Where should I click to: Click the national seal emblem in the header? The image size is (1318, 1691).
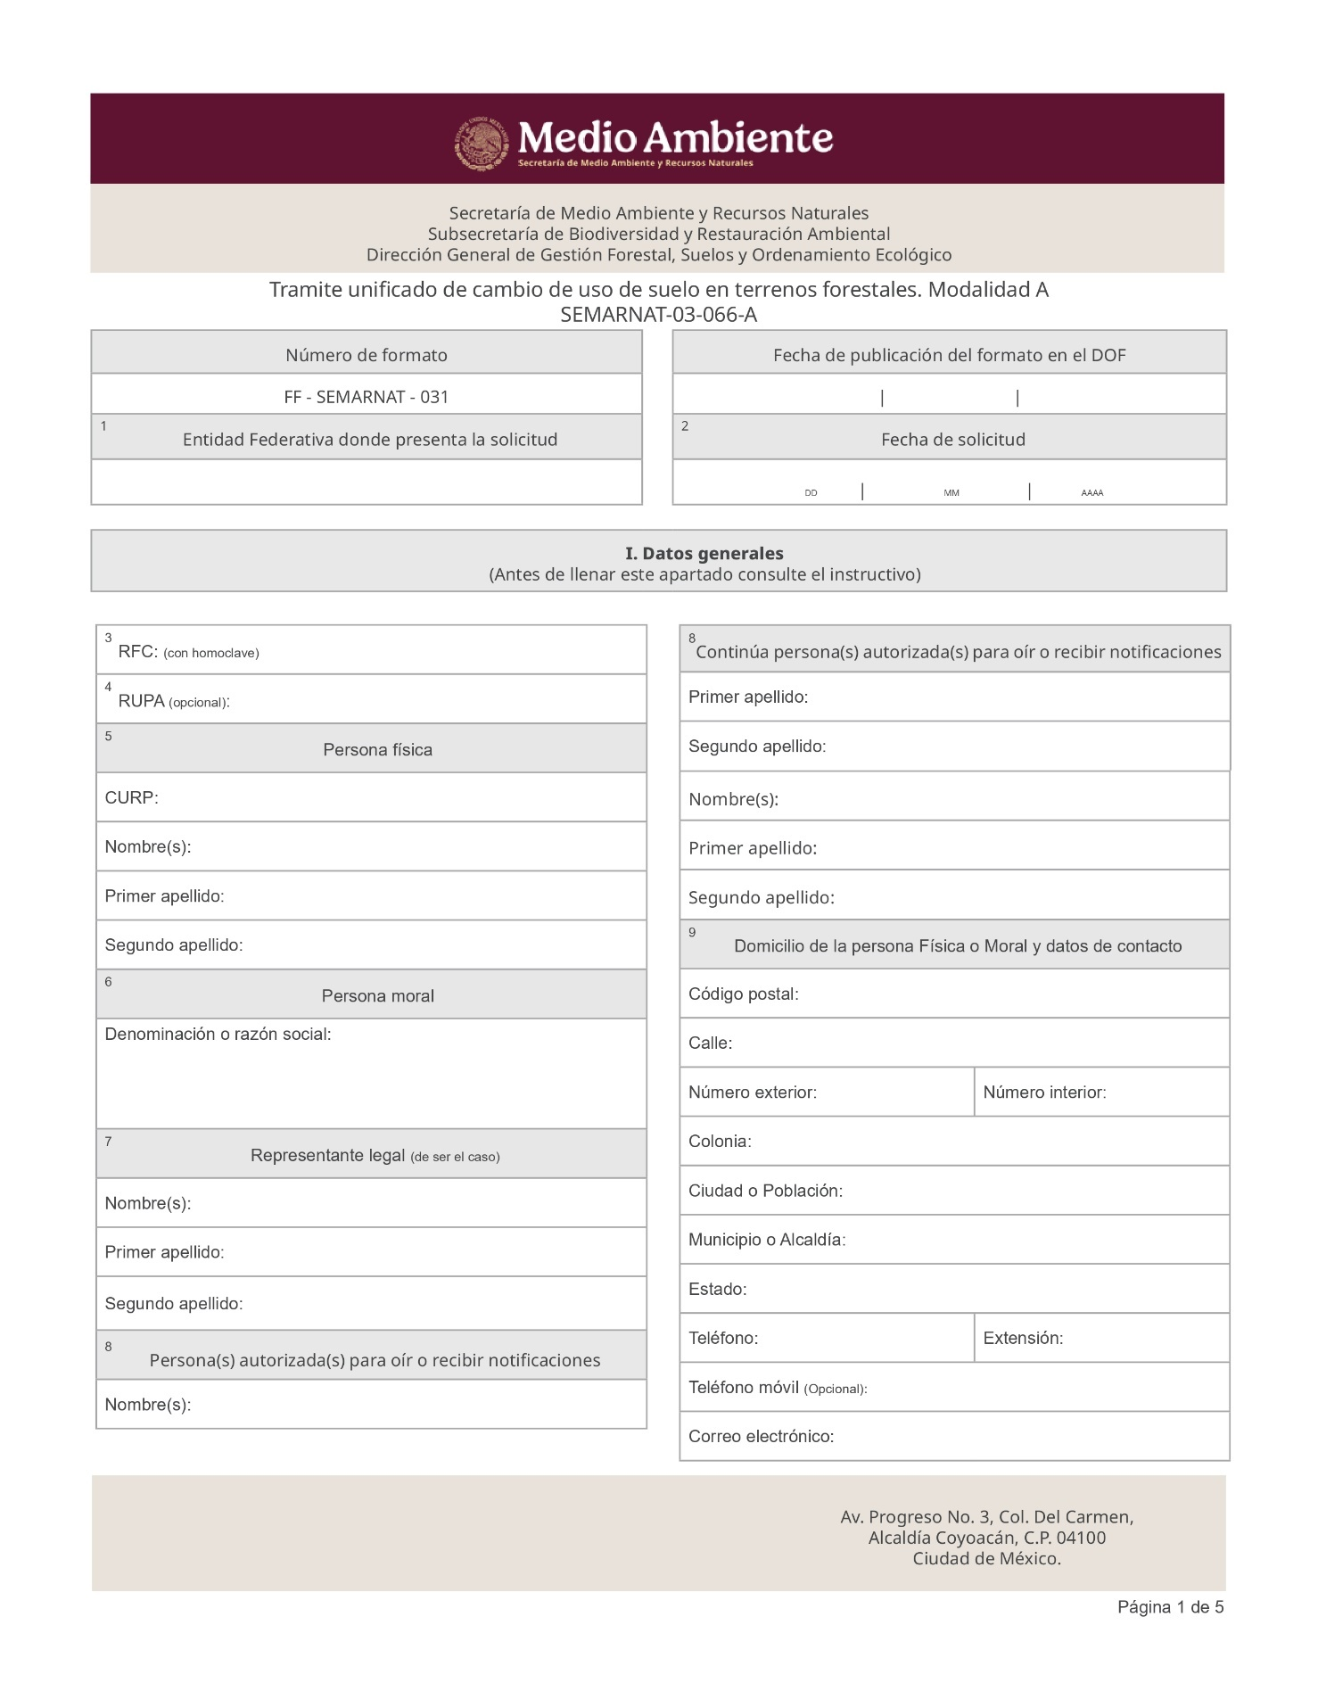point(482,143)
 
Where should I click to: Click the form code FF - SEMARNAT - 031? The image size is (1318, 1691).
point(366,397)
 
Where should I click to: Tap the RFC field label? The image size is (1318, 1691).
point(137,652)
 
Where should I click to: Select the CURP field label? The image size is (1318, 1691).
point(131,797)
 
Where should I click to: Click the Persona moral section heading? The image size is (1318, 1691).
point(377,995)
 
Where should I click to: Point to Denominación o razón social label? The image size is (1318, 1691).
point(218,1034)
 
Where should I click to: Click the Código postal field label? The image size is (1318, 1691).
point(743,994)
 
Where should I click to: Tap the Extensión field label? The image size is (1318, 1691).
point(1023,1338)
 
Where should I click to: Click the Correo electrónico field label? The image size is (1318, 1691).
point(761,1436)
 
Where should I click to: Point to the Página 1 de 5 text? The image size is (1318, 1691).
point(1170,1607)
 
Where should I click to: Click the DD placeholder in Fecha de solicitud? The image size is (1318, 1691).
point(811,493)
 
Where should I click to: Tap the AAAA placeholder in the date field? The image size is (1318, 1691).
point(1091,493)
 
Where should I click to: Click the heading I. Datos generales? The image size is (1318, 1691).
point(704,553)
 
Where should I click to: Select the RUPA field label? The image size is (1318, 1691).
point(141,701)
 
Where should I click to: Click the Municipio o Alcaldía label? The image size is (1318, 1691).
point(766,1240)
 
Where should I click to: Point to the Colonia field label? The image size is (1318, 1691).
point(719,1142)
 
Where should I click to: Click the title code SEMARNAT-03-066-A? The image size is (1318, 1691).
point(658,314)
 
